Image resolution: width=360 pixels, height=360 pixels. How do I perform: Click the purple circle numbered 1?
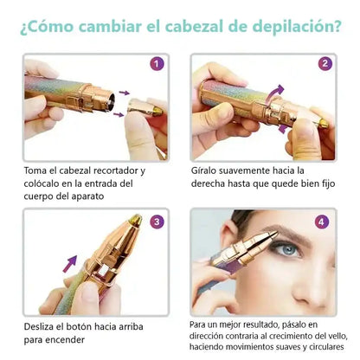157,64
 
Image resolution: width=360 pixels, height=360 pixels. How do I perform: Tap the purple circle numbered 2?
325,64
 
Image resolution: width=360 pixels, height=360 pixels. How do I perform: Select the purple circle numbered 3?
157,222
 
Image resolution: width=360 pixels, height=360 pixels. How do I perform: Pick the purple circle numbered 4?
322,222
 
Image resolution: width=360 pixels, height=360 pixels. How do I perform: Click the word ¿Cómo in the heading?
47,27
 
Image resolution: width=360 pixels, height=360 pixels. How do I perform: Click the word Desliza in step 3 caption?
39,326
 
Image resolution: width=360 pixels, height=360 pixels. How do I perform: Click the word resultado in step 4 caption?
260,325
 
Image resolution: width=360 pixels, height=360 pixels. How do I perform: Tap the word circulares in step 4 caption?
326,346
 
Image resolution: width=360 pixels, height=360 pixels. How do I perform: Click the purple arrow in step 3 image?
70,264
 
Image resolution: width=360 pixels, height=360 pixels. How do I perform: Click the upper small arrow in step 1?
125,93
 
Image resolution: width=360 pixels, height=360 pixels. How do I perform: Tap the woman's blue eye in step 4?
287,250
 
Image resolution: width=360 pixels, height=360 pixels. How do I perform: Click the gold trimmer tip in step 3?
136,220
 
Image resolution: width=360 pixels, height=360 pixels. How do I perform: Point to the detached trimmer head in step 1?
145,107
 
